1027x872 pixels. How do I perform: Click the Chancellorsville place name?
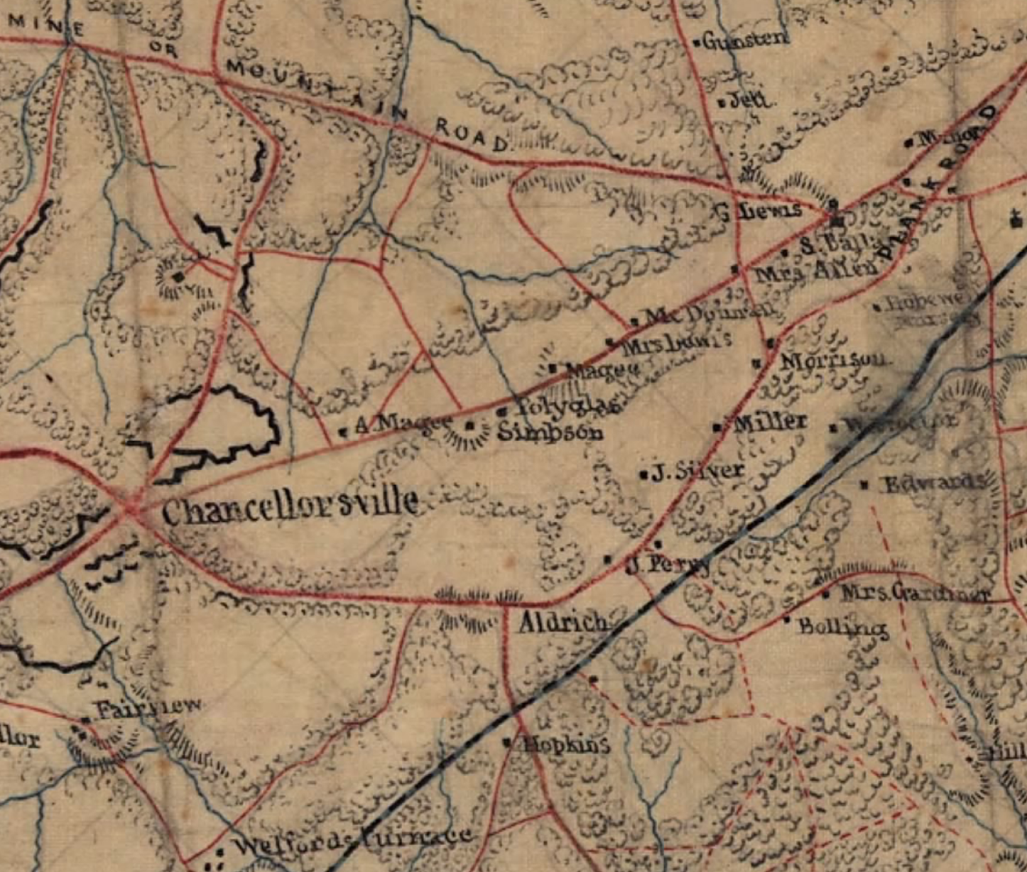pos(290,507)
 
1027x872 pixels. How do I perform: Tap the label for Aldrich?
pos(563,623)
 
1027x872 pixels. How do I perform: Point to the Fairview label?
pos(148,708)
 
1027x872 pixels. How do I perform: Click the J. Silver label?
pos(697,471)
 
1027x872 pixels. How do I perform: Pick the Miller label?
pos(770,423)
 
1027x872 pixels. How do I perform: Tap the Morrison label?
pos(832,361)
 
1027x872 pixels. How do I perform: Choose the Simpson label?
pos(550,432)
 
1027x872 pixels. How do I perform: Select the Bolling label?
pos(842,627)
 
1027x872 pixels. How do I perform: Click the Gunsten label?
pos(746,40)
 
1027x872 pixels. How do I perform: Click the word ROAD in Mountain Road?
pos(471,135)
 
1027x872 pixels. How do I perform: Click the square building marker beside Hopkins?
pos(507,743)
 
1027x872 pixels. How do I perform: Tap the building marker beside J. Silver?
pos(644,474)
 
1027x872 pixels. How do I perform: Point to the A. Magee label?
pos(402,425)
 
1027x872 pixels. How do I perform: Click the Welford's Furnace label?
pos(352,842)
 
